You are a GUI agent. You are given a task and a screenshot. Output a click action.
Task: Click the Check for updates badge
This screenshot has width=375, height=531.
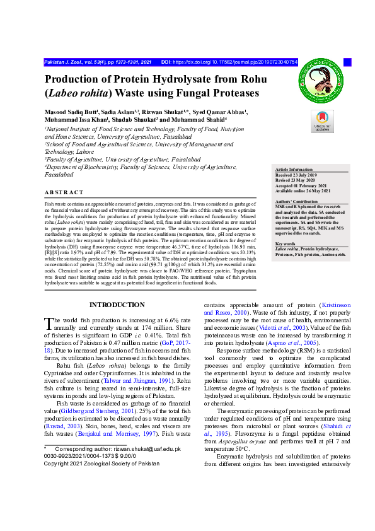322,120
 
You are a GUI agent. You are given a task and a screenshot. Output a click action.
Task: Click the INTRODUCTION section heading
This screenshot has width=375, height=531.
117,305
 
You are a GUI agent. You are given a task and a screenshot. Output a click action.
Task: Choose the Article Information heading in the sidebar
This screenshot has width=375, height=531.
294,170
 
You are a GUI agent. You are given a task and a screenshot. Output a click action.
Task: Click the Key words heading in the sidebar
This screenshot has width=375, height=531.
286,243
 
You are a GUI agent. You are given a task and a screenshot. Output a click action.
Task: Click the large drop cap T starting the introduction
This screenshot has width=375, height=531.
49,324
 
